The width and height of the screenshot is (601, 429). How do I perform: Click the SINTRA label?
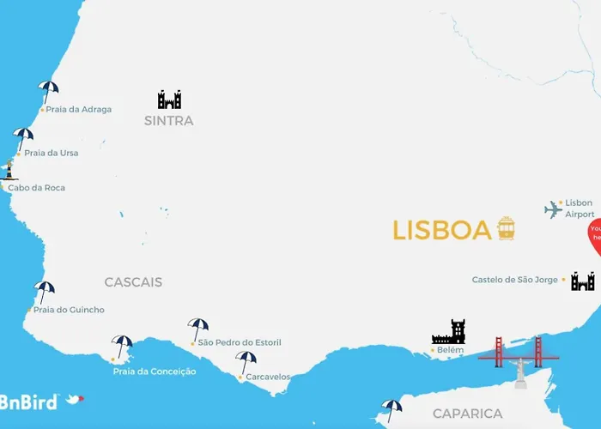pyautogui.click(x=169, y=121)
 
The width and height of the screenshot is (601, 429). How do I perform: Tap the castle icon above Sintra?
pyautogui.click(x=169, y=99)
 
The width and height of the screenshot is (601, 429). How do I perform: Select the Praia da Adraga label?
pyautogui.click(x=78, y=110)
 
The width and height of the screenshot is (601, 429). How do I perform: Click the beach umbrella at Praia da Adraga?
pyautogui.click(x=48, y=90)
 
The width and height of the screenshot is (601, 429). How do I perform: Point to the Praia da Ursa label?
pyautogui.click(x=51, y=154)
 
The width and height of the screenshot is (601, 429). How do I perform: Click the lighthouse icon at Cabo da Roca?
pyautogui.click(x=9, y=169)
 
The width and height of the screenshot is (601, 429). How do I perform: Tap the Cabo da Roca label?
pyautogui.click(x=36, y=188)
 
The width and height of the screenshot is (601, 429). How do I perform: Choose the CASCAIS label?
pyautogui.click(x=133, y=282)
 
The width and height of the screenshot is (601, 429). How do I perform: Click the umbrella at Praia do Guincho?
pyautogui.click(x=44, y=291)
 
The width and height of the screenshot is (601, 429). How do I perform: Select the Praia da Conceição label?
pyautogui.click(x=155, y=372)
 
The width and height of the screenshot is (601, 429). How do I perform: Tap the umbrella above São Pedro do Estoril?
pyautogui.click(x=198, y=328)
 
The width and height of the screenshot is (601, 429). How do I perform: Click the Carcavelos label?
pyautogui.click(x=268, y=377)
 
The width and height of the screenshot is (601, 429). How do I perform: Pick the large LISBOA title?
pyautogui.click(x=441, y=230)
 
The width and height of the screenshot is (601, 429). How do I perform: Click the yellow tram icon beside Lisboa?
pyautogui.click(x=506, y=228)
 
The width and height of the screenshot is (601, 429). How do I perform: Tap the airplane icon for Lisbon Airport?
pyautogui.click(x=553, y=209)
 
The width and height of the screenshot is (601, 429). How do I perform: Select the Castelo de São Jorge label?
pyautogui.click(x=515, y=280)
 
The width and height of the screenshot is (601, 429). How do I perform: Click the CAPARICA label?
pyautogui.click(x=467, y=414)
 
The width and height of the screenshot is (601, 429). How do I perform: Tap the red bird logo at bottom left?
pyautogui.click(x=76, y=399)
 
